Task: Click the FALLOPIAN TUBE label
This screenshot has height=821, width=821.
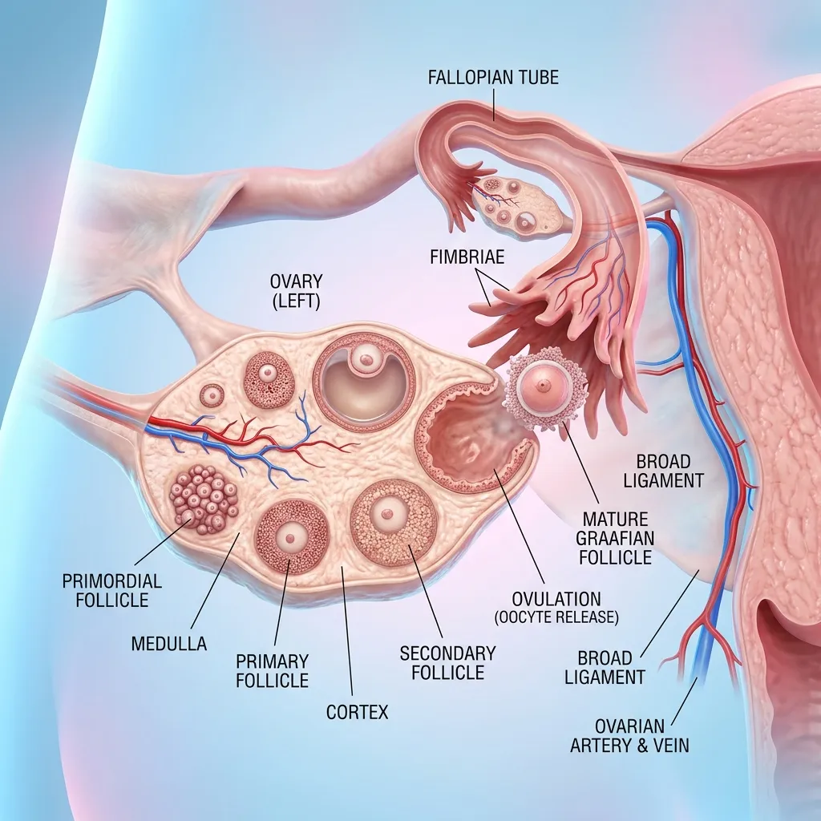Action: pos(493,78)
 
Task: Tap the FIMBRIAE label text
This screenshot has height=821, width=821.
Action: pos(467,257)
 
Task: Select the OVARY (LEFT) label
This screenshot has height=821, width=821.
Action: pos(296,291)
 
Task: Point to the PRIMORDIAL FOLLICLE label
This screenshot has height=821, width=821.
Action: pos(112,590)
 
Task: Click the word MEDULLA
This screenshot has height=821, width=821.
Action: pos(169,644)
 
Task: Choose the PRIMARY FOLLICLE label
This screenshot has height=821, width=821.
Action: pos(273,671)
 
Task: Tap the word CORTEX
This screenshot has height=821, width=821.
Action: pos(357,712)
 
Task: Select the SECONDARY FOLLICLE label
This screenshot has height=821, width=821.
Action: pos(447,663)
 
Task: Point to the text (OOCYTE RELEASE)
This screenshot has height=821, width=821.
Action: pos(556,617)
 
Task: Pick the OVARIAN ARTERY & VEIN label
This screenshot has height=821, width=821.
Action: pos(629,736)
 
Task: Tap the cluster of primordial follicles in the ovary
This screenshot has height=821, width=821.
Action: pos(204,499)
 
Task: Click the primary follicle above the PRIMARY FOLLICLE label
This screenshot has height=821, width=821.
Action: pos(291,537)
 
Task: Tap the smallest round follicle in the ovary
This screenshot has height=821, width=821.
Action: pos(212,395)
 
